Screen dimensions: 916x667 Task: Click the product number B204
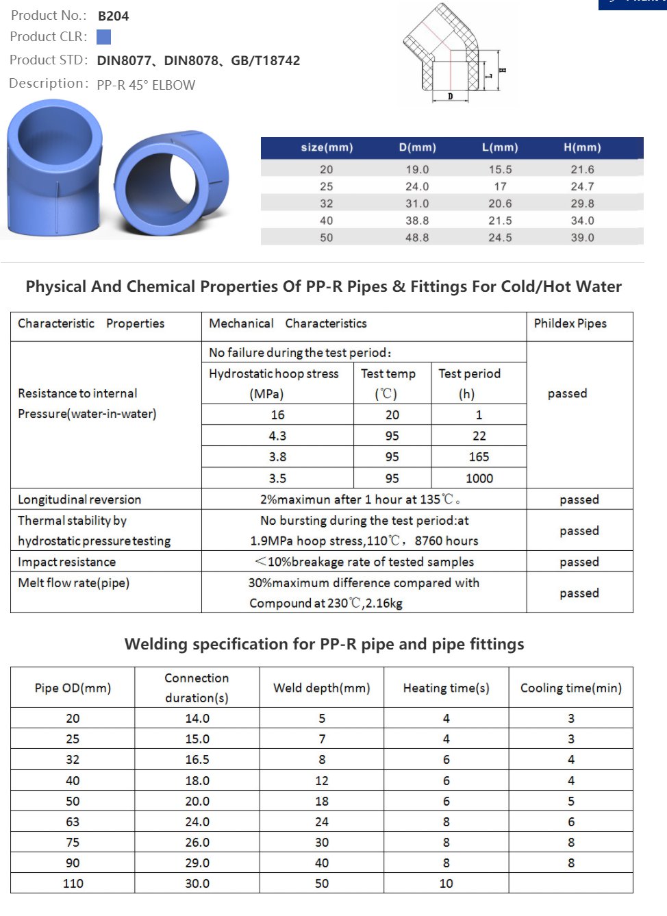click(x=113, y=16)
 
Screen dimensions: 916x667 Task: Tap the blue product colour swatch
click(x=103, y=37)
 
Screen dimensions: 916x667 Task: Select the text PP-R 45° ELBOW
click(x=146, y=85)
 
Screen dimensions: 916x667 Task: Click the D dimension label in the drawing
click(x=450, y=97)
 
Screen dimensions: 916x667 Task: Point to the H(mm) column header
click(x=582, y=147)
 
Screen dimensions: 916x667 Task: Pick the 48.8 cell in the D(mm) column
click(x=417, y=238)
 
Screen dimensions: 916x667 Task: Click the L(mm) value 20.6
click(x=500, y=203)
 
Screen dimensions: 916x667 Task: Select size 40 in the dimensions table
click(x=326, y=221)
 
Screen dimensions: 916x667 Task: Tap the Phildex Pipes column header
click(x=570, y=323)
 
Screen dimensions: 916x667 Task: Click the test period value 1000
click(x=479, y=478)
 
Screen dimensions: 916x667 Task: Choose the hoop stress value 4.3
click(x=277, y=436)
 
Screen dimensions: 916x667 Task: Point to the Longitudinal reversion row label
click(x=79, y=499)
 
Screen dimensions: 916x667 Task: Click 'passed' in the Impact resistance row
click(x=579, y=562)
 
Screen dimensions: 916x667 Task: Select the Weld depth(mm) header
click(x=321, y=688)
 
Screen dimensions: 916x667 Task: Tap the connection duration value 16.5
click(x=197, y=760)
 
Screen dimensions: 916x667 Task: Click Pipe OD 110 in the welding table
click(x=73, y=884)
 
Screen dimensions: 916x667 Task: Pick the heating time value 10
click(x=446, y=884)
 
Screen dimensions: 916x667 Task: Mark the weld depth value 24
click(x=321, y=821)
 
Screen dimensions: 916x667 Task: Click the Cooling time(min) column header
click(x=570, y=688)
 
